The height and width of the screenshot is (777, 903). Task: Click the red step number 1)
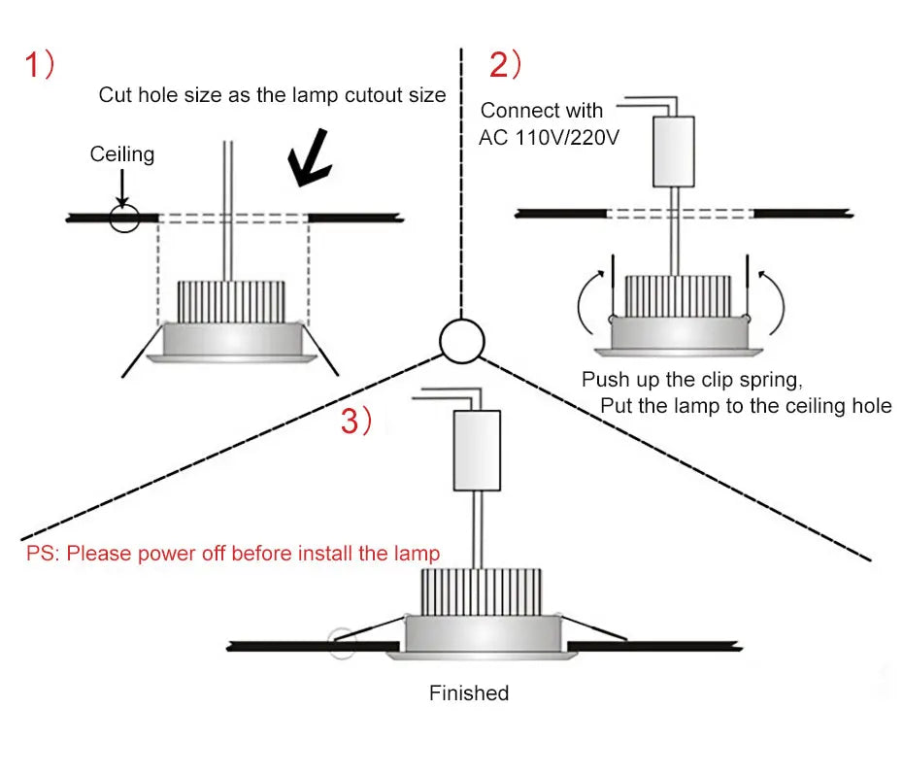[x=40, y=65]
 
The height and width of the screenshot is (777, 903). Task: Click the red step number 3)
[x=355, y=421]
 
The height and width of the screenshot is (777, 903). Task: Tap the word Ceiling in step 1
[x=122, y=153]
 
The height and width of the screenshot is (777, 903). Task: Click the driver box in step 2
[x=673, y=151]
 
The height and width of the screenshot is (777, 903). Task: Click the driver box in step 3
[x=477, y=450]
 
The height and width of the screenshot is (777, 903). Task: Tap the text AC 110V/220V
[x=549, y=137]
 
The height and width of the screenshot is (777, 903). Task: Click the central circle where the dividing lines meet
[x=461, y=340]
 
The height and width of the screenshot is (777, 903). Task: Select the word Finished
[x=469, y=693]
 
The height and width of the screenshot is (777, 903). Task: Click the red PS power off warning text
[x=233, y=554]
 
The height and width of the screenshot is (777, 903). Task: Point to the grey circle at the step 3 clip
[x=341, y=644]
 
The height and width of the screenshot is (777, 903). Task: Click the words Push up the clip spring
[x=691, y=379]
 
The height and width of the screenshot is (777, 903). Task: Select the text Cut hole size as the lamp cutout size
[x=272, y=94]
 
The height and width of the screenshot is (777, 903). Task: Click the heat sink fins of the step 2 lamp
[x=677, y=297]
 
